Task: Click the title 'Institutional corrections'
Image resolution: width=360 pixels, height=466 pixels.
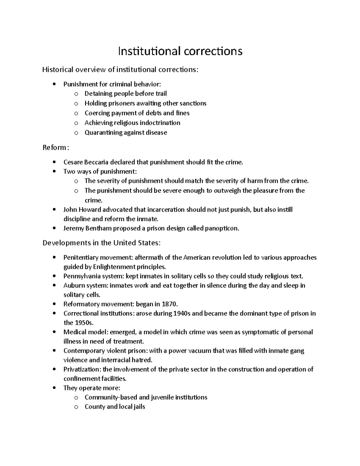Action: click(x=180, y=51)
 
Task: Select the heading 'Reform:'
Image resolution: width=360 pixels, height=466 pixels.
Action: click(x=56, y=148)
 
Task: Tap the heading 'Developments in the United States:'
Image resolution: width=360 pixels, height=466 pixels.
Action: click(x=101, y=243)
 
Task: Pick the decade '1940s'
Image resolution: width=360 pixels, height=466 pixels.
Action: click(x=181, y=314)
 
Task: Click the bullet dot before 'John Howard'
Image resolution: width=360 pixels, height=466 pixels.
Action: click(x=54, y=210)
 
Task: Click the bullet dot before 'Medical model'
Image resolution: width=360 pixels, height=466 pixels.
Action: click(x=54, y=332)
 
